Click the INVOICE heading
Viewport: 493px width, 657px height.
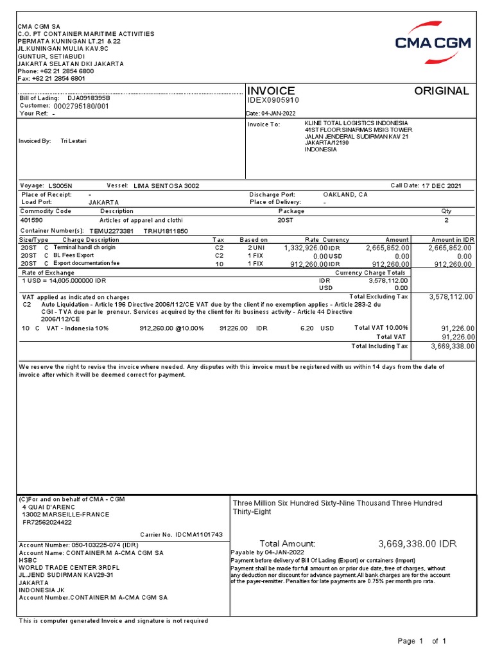[271, 91]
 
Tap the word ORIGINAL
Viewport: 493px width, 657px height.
[441, 91]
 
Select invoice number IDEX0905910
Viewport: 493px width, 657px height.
[273, 101]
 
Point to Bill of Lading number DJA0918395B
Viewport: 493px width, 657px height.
[89, 98]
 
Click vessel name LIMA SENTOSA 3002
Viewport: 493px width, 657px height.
[166, 186]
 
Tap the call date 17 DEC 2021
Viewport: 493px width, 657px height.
[442, 186]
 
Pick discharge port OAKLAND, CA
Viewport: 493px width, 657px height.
[345, 194]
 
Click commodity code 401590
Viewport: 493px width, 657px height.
[32, 219]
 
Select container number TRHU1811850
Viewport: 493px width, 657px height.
[166, 230]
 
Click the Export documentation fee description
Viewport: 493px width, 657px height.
[86, 263]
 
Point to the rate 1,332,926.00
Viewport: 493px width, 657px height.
[305, 248]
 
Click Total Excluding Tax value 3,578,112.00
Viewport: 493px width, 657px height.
[451, 297]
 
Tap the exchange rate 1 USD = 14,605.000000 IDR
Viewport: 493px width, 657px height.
[64, 281]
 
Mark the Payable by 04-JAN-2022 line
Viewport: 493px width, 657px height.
[260, 552]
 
